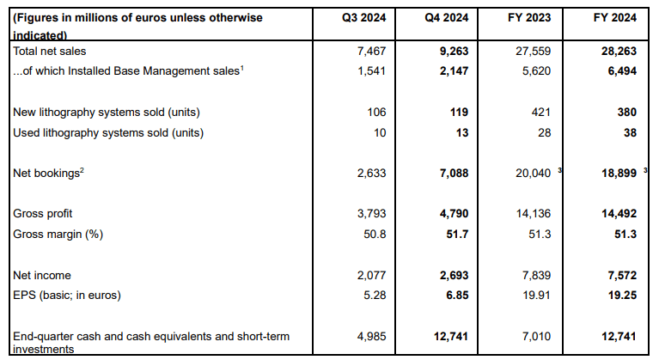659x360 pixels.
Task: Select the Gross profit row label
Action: coord(42,214)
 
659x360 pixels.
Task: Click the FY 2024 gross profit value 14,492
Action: coord(619,214)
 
